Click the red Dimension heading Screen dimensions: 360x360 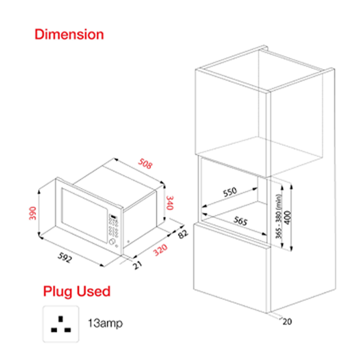pyautogui.click(x=69, y=35)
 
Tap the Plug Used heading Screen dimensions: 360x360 pyautogui.click(x=77, y=291)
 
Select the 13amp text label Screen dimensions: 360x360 pyautogui.click(x=105, y=323)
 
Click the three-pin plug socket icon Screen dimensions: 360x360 pyautogui.click(x=61, y=324)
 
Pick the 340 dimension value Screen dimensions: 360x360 pyautogui.click(x=170, y=203)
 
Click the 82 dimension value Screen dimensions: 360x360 pyautogui.click(x=183, y=234)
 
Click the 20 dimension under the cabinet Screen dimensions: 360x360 pyautogui.click(x=287, y=321)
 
